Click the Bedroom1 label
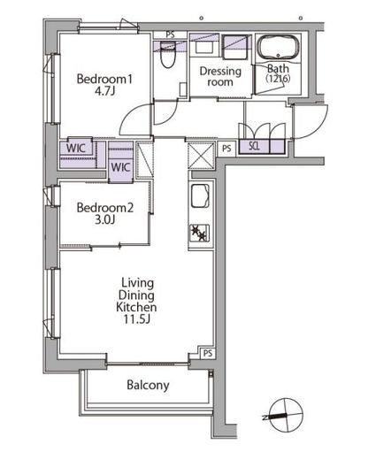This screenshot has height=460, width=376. pos(104,79)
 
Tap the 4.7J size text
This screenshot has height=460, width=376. pos(104,91)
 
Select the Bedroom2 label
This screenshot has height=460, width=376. pos(105,208)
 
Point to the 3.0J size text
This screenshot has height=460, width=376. pos(104,219)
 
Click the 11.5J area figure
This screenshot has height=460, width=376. pos(136,319)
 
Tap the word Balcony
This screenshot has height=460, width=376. pos(148,385)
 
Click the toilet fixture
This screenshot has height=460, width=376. pos(168,55)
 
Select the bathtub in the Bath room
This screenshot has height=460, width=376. pos(278,48)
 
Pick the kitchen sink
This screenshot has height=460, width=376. pos(200,196)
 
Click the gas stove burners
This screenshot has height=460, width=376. pos(199,233)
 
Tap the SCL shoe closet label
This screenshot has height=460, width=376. pos(254,146)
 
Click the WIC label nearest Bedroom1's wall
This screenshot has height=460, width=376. pos(76,148)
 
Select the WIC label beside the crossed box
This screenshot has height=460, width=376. pos(120,167)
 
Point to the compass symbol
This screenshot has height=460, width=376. pos(286,415)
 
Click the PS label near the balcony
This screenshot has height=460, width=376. pos(208,353)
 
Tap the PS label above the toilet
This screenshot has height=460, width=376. pos(170,34)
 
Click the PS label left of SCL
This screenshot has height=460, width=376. pos(226,148)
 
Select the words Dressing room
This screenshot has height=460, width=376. pos(220,76)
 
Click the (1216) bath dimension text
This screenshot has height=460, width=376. pos(278,79)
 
